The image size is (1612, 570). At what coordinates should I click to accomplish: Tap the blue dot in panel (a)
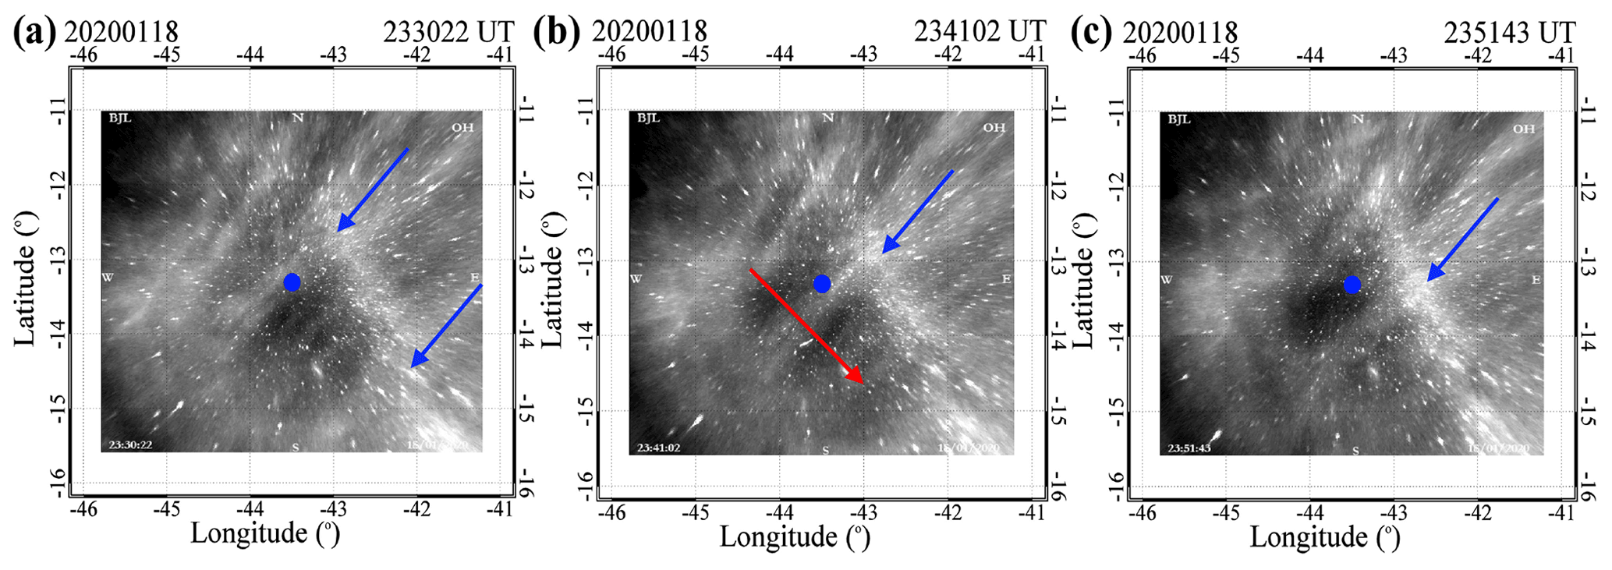tap(292, 282)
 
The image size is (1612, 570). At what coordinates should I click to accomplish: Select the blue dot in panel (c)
tap(1352, 285)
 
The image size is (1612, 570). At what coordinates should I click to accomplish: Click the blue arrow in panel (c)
tap(1462, 239)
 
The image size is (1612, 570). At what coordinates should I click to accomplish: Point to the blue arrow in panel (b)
tap(917, 211)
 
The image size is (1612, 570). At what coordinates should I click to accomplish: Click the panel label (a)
tap(34, 32)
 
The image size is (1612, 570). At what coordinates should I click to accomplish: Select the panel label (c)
tap(1091, 32)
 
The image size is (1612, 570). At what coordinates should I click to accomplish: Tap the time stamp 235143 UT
tap(1509, 32)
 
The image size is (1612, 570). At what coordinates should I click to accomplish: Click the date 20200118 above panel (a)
tap(121, 32)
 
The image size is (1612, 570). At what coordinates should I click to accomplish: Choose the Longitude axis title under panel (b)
tap(794, 536)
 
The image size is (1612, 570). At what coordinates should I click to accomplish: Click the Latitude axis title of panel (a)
tap(25, 278)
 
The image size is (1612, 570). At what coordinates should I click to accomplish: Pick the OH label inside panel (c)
tap(1523, 129)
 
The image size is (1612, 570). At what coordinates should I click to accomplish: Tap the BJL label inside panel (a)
tap(120, 119)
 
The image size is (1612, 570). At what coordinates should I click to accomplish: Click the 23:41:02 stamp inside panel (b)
tap(658, 448)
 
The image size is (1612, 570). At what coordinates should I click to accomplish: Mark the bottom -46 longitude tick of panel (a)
tap(83, 509)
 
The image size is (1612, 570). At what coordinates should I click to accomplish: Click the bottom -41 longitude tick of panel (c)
tap(1561, 512)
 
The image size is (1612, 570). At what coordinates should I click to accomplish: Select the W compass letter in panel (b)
tap(636, 278)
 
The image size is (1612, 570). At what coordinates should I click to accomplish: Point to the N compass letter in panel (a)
tap(297, 118)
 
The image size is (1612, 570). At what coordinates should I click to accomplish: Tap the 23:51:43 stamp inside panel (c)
tap(1189, 448)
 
